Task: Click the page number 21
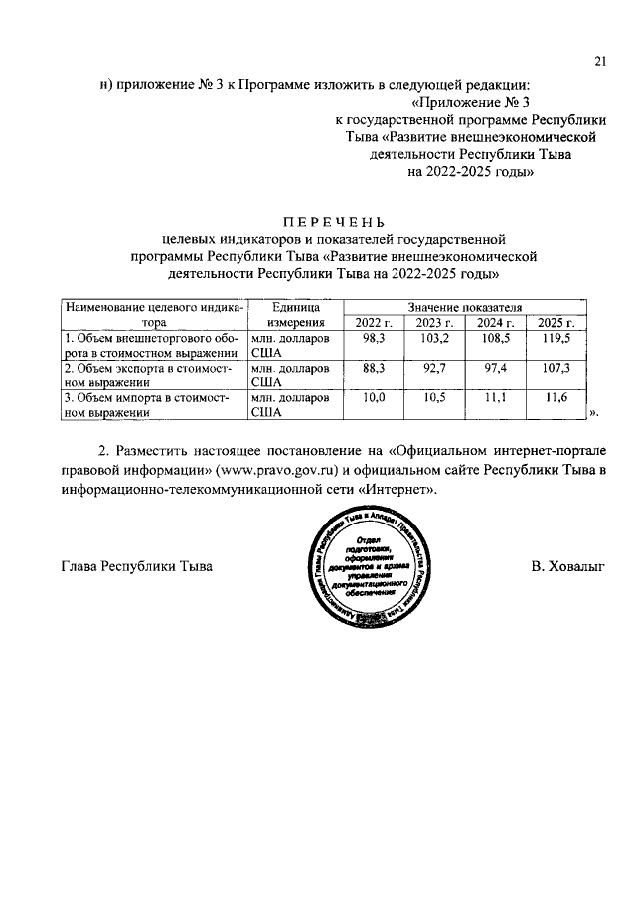tap(600, 61)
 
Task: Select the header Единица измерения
tap(293, 315)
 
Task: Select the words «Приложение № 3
tap(472, 101)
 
